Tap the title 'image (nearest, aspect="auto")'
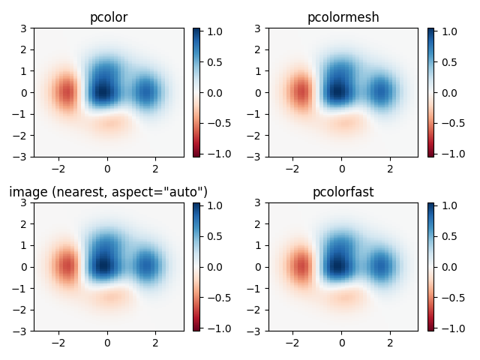(108, 192)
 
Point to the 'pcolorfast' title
(342, 192)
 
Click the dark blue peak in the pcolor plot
(102, 90)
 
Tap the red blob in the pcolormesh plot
(301, 93)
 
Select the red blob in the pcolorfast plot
(301, 267)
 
